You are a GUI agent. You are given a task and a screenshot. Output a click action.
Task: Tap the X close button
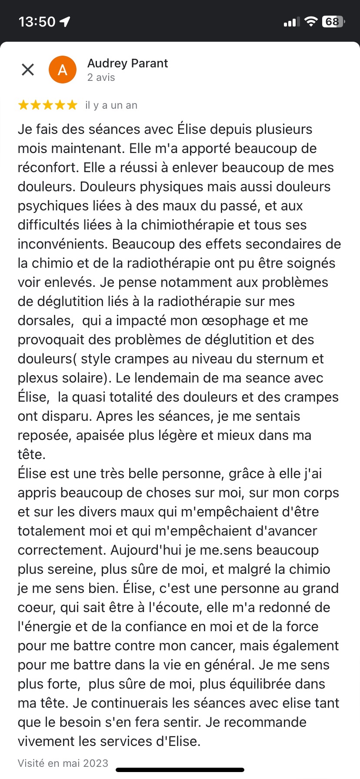pos(28,70)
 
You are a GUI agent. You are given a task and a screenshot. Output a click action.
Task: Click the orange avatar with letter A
pos(63,70)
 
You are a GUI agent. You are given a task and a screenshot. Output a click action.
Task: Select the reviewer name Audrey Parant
pos(127,63)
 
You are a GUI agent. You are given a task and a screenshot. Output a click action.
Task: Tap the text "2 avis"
pos(101,77)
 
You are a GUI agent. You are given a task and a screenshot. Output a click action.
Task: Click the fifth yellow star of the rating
pos(72,105)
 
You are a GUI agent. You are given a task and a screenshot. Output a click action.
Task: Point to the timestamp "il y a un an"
pos(111,105)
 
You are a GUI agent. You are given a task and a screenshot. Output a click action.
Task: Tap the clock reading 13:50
pos(37,22)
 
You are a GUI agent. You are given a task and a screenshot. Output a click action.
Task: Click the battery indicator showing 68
pos(333,22)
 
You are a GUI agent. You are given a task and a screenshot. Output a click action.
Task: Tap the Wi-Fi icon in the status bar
pos(310,22)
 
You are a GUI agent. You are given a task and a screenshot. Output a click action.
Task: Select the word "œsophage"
pos(236,321)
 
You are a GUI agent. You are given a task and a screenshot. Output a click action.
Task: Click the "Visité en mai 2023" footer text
pos(63,763)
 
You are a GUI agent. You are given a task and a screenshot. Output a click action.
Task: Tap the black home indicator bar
pos(180,770)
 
